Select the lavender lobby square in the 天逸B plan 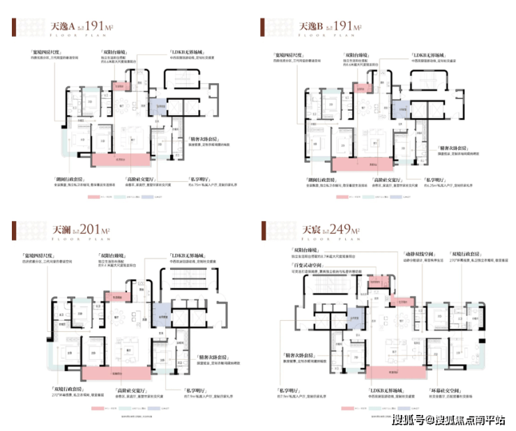click(401, 109)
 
